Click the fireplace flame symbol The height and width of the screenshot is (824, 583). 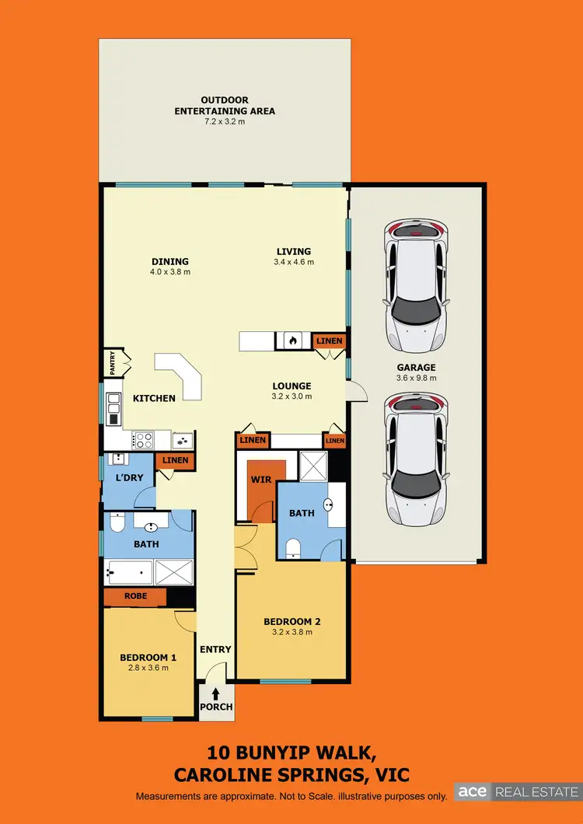point(292,340)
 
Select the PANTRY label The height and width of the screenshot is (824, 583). point(112,363)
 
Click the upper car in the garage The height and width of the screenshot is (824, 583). point(417,285)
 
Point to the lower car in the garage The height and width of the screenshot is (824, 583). point(417,459)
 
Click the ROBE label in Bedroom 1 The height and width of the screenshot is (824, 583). point(135,596)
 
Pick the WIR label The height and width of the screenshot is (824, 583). point(260,480)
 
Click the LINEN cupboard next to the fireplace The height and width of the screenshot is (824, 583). point(327,341)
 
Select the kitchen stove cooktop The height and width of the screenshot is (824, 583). point(143,441)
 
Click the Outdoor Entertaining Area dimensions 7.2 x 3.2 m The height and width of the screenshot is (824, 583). point(225,122)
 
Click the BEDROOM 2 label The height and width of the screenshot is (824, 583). point(291,621)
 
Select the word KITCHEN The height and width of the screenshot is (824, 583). point(154,398)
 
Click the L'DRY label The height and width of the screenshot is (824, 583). point(129,477)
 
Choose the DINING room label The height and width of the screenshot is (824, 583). point(170,261)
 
